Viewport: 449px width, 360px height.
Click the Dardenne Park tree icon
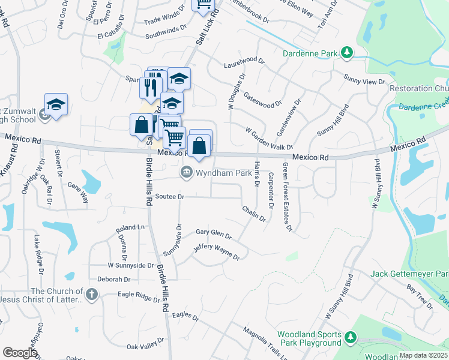[346, 53]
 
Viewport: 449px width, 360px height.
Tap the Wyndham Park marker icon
[186, 173]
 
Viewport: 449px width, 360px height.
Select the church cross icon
[91, 294]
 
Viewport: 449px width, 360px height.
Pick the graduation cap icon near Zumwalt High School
[56, 104]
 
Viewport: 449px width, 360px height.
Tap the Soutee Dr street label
[169, 196]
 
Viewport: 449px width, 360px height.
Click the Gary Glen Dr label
[214, 233]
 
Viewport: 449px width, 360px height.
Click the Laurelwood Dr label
[244, 61]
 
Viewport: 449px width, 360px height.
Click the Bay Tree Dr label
[420, 296]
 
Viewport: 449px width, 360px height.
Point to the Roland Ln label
[130, 227]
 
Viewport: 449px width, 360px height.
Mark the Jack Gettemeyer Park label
[409, 274]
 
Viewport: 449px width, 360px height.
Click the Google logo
[20, 353]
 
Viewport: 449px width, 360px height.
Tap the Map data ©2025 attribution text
[423, 355]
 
